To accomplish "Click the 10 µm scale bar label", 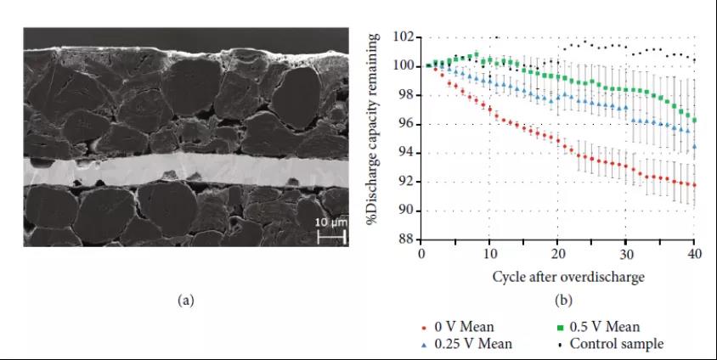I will point(331,222).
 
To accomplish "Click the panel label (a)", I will point(185,300).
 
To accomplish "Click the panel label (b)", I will point(562,300).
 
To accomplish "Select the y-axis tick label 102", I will point(404,37).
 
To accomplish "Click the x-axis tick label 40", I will point(695,254).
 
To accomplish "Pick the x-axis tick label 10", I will point(490,254).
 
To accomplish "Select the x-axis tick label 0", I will point(422,254).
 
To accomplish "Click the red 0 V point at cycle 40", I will point(695,185).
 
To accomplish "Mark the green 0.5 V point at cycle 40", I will point(695,120).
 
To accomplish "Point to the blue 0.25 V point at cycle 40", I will point(695,146).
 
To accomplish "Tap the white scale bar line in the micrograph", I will point(331,233).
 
